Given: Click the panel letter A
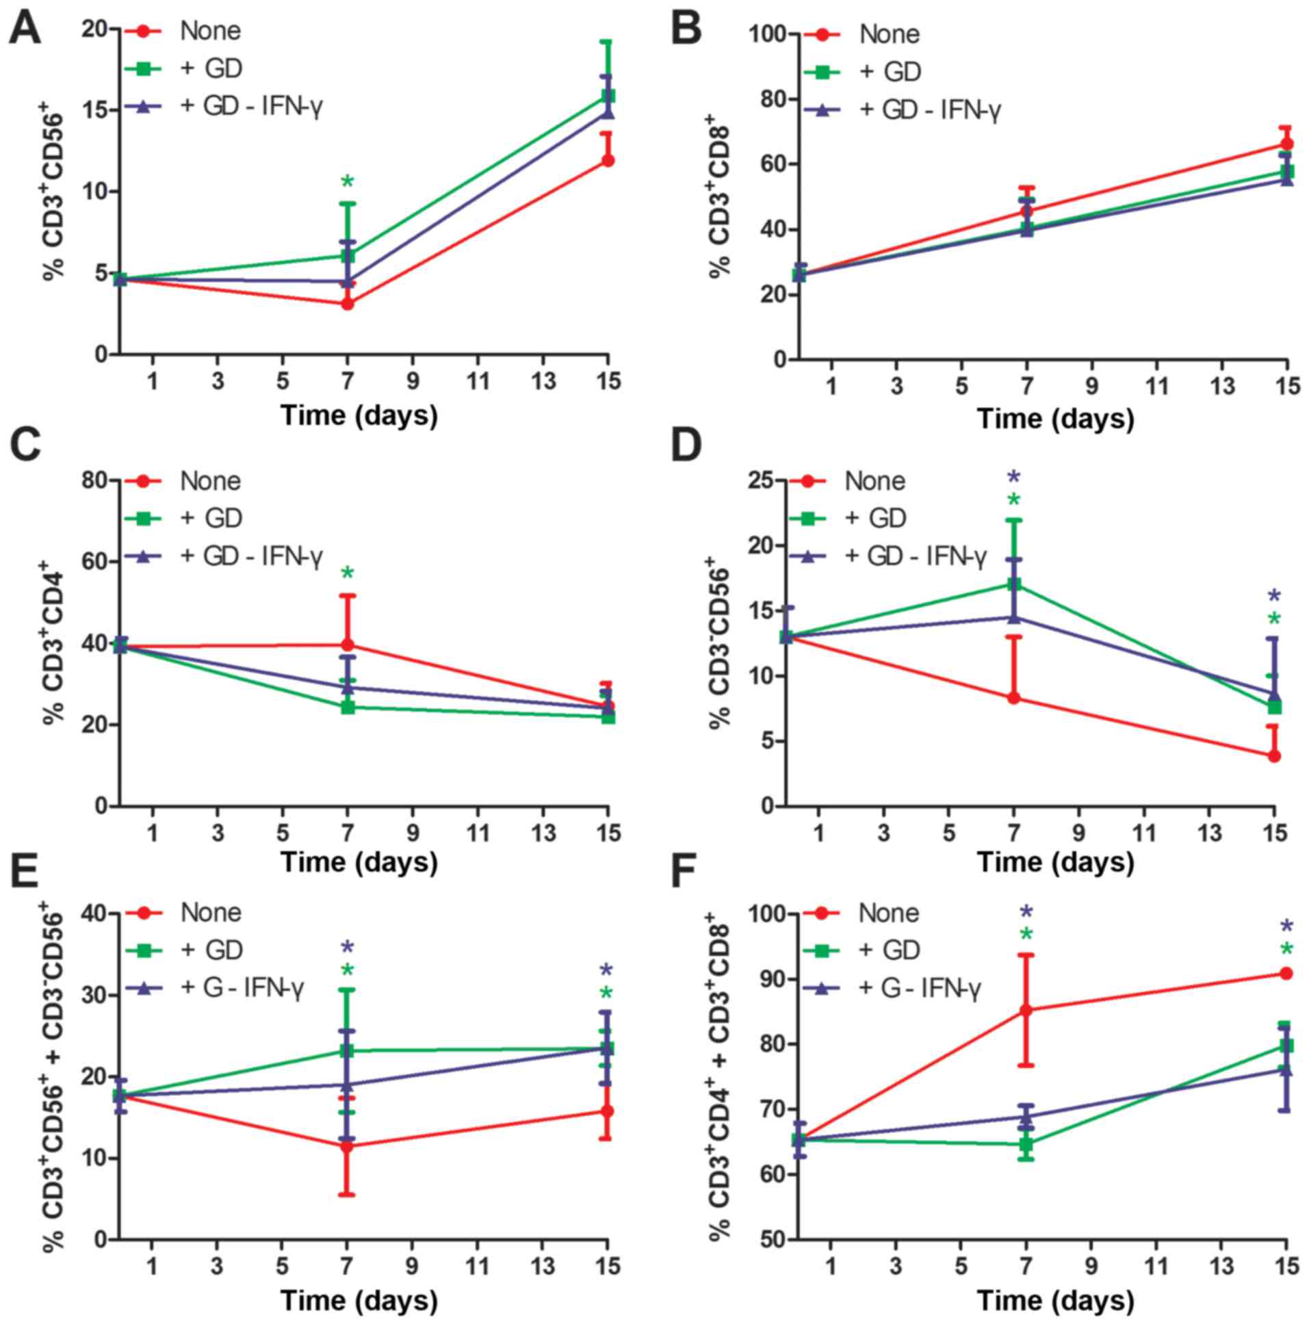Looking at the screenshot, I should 24,31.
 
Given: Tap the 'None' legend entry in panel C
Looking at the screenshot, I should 210,481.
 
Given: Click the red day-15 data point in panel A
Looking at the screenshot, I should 607,160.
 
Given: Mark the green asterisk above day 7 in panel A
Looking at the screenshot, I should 348,182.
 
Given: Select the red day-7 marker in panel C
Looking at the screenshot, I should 348,645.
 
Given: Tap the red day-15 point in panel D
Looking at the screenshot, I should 1274,757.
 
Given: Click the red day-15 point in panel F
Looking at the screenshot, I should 1286,973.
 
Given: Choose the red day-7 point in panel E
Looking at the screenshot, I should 348,1147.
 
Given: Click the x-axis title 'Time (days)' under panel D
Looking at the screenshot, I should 1054,863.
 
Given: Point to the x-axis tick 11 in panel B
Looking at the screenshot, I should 1157,387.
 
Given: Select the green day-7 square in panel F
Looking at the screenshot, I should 1026,1144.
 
